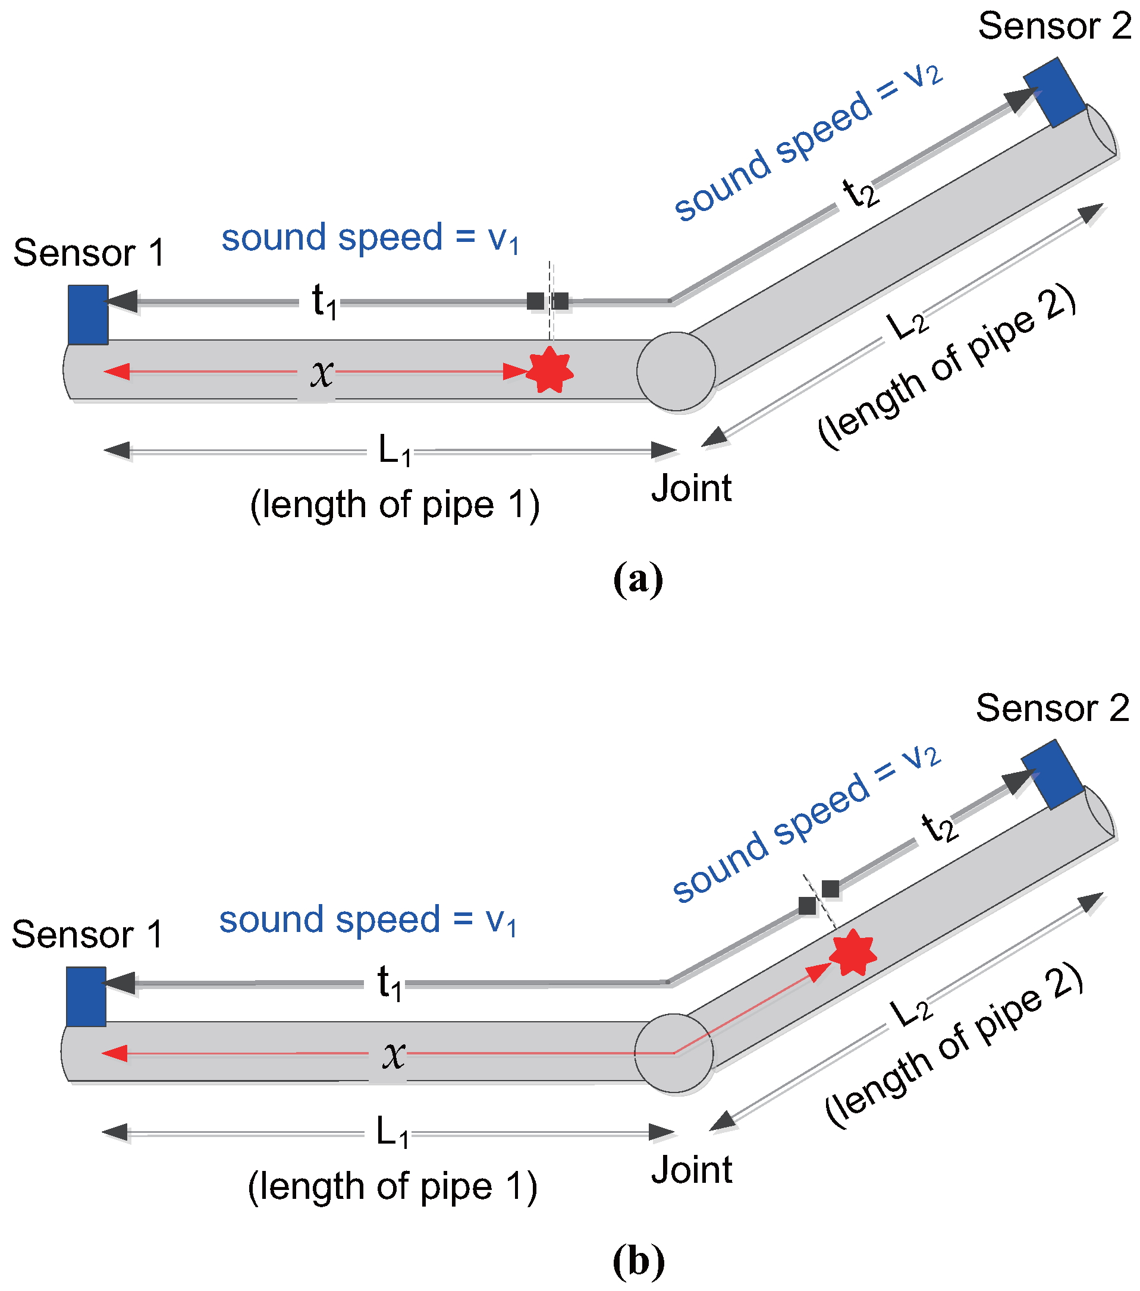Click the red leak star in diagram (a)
(549, 371)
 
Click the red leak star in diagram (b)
(852, 952)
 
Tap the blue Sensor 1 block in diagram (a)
(88, 314)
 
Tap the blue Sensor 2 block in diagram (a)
(1053, 92)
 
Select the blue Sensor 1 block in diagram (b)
(86, 996)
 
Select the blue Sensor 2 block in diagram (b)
(1051, 774)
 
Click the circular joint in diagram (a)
(676, 371)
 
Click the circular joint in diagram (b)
(674, 1053)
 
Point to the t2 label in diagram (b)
(939, 827)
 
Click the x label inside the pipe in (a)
(322, 373)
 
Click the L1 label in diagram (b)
(392, 1132)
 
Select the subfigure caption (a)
(637, 578)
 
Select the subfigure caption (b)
(638, 1261)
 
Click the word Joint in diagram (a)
(692, 488)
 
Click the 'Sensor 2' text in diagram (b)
(1052, 708)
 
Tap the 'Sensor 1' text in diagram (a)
(89, 253)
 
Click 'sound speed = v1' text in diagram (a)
(370, 239)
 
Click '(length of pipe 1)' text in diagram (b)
(392, 1186)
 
